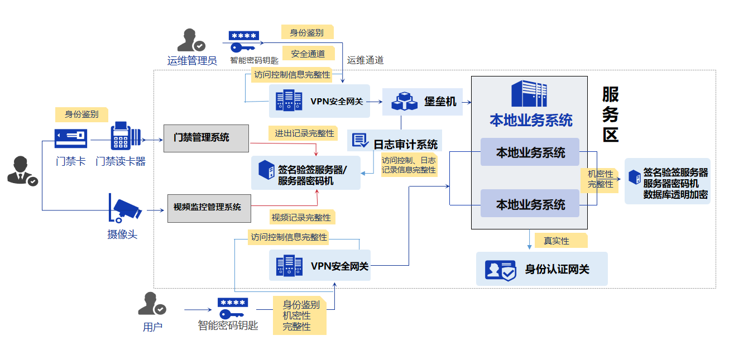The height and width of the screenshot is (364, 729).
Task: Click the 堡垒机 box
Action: (x=423, y=102)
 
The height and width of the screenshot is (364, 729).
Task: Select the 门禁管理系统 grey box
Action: (x=206, y=138)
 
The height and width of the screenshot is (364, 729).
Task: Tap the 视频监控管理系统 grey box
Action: (x=209, y=208)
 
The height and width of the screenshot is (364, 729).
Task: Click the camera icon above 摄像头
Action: (x=126, y=209)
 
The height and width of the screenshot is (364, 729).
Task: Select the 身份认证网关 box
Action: (x=541, y=269)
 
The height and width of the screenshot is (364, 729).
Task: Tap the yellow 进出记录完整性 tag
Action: (x=304, y=133)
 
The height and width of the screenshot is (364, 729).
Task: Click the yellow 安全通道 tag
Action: (x=308, y=54)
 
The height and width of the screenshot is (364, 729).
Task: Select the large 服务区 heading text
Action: (x=610, y=114)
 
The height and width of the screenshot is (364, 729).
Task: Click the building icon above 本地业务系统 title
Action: (x=529, y=94)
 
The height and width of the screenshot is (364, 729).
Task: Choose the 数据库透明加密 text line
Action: (x=675, y=195)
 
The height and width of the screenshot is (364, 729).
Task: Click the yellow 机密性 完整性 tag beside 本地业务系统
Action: (x=600, y=179)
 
